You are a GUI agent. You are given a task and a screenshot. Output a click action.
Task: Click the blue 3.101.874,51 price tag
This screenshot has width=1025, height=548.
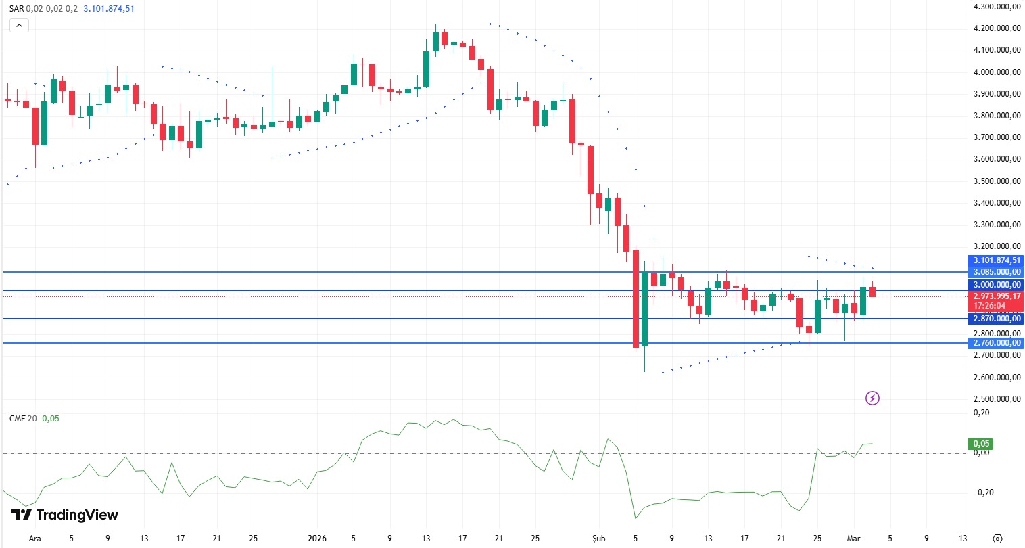coord(997,260)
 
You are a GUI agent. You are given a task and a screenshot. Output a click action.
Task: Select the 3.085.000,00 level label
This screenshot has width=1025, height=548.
coord(997,272)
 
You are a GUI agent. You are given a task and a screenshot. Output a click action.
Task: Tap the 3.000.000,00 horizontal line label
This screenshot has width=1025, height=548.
coord(997,285)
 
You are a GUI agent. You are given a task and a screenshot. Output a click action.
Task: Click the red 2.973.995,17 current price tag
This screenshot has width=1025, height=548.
coord(997,296)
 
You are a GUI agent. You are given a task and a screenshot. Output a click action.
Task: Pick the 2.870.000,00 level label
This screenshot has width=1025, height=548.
coord(997,319)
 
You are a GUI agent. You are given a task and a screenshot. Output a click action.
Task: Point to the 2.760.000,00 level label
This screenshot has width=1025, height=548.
coord(997,343)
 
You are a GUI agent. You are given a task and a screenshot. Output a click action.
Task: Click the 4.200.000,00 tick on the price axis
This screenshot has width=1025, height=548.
coord(997,28)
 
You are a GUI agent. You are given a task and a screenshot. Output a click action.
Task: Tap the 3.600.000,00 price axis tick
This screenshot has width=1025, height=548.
coord(997,159)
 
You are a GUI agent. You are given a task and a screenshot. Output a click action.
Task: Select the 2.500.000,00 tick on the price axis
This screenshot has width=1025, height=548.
coord(997,398)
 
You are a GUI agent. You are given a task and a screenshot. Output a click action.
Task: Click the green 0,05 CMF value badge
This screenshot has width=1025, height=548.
coord(980,444)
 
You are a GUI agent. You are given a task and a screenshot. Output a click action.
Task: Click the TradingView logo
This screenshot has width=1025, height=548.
coord(65,515)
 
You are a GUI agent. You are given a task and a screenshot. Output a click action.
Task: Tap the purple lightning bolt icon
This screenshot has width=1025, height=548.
coord(872,398)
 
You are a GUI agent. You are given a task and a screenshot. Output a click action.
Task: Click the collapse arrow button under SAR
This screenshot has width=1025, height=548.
coord(18,26)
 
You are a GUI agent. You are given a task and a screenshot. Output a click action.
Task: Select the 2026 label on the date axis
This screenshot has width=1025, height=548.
coord(317,539)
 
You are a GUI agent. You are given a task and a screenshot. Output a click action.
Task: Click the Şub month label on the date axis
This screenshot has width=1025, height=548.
coord(598,539)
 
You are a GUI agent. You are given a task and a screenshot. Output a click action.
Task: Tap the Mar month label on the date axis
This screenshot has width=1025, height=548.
coord(853,539)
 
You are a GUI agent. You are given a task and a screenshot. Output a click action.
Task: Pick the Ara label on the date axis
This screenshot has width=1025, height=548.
coord(34,539)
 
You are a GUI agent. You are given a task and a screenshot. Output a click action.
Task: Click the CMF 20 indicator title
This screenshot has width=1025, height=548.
coord(23,419)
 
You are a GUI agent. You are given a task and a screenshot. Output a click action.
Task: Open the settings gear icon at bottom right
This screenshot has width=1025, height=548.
coord(997,539)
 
